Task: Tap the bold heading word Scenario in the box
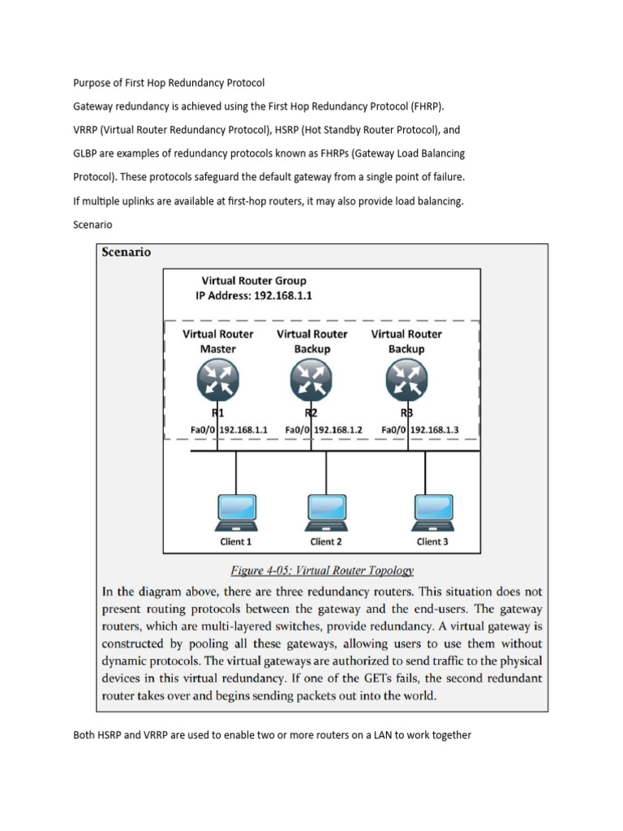pos(125,252)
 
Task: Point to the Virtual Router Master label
pos(217,341)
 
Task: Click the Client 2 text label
pos(326,541)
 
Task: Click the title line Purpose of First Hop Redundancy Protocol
pos(169,83)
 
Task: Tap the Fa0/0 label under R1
pos(203,428)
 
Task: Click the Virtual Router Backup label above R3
pos(406,341)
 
